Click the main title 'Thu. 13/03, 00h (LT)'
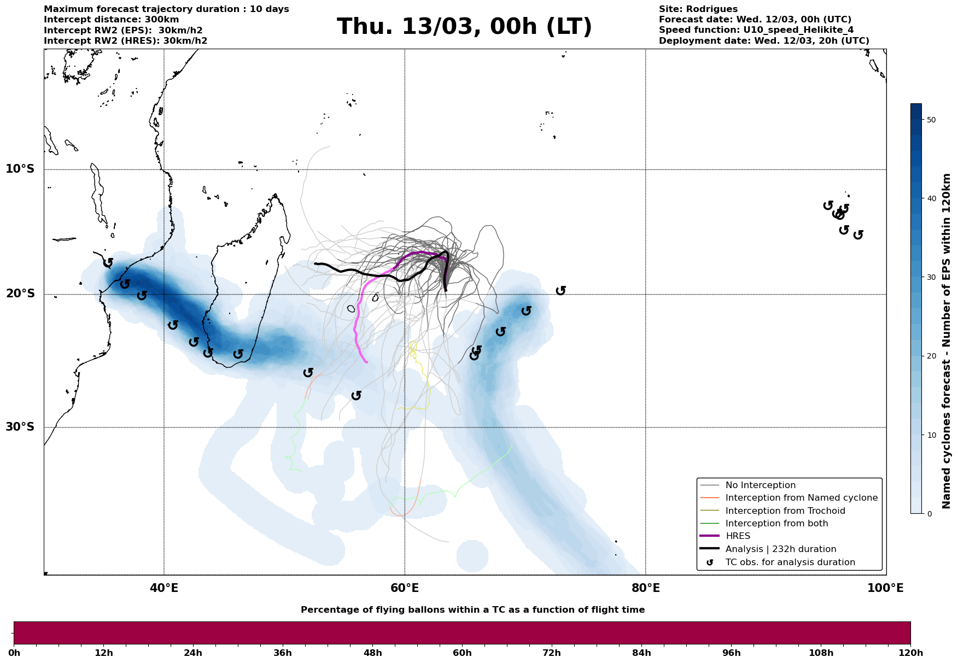(464, 27)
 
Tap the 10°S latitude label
(20, 169)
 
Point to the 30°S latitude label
(20, 427)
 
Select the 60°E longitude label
(405, 589)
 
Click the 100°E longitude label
(885, 589)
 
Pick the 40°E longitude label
(164, 589)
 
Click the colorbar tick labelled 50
(931, 120)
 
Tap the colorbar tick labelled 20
(931, 356)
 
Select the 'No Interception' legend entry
(760, 485)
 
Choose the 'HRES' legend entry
(738, 536)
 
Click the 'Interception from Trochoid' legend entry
(785, 511)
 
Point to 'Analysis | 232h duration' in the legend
(781, 549)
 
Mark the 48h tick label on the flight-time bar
(372, 653)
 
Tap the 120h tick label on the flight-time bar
(910, 653)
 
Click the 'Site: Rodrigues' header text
(698, 9)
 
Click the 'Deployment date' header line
(764, 41)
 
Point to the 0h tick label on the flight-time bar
(15, 653)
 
